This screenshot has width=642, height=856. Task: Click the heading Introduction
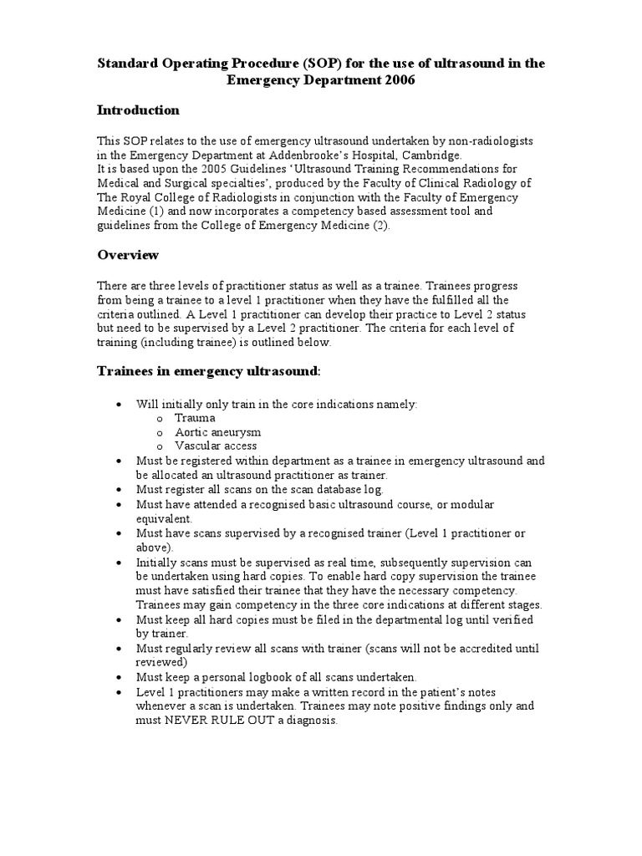coord(138,110)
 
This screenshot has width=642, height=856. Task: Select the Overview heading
coord(128,254)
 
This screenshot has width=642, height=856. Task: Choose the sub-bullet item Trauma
coord(195,418)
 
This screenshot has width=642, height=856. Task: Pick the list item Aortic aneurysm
coord(217,432)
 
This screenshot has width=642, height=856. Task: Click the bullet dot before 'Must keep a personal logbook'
coord(119,676)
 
